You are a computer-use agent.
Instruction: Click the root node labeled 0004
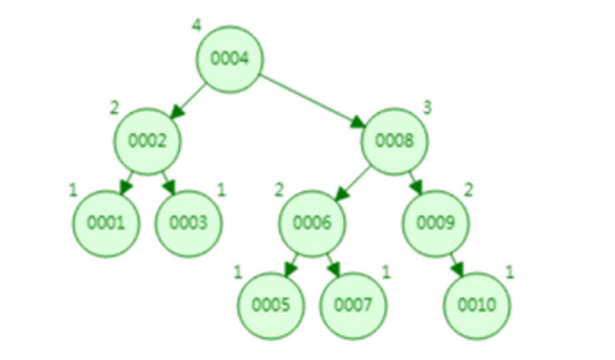[x=229, y=59]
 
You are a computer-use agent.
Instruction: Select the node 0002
[x=146, y=140]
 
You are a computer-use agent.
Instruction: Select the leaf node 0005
[x=271, y=305]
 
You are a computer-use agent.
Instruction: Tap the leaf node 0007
[x=353, y=305]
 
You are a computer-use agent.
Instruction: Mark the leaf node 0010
[x=477, y=305]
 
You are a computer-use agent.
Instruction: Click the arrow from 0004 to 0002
[x=188, y=100]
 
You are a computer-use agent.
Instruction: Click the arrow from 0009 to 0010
[x=456, y=264]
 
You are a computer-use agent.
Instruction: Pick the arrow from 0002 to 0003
[x=167, y=182]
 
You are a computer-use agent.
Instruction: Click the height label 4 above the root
[x=196, y=24]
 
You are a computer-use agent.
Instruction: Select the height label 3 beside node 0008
[x=427, y=107]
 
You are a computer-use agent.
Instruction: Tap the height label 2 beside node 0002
[x=113, y=107]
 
